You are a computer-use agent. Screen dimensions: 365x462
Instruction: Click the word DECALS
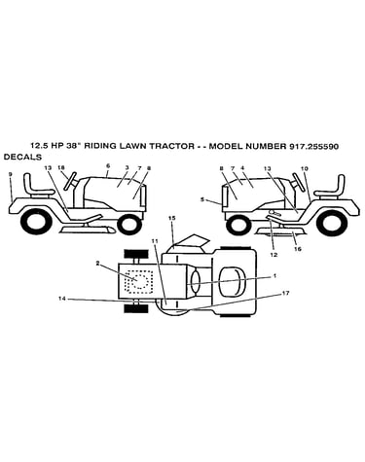[22, 158]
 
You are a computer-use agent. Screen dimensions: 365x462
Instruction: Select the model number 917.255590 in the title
[312, 146]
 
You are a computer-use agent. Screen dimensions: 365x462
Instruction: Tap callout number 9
[11, 174]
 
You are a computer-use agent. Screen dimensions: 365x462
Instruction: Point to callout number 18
[61, 167]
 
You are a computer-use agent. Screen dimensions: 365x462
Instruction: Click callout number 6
[108, 165]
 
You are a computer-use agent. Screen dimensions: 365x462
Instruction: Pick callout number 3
[127, 167]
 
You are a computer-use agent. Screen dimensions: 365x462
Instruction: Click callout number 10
[305, 168]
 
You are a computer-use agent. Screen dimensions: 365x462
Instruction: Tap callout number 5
[202, 199]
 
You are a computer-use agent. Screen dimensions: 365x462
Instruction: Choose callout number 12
[274, 255]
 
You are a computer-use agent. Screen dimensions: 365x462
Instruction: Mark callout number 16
[298, 249]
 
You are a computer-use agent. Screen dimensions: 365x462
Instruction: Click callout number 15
[172, 218]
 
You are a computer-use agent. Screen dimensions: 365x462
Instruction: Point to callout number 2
[97, 264]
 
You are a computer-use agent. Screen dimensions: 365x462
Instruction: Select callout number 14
[62, 299]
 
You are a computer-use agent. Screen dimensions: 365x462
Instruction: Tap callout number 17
[285, 293]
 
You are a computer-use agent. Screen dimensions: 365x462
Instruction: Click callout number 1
[274, 276]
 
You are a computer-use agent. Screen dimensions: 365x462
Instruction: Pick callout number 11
[155, 241]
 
